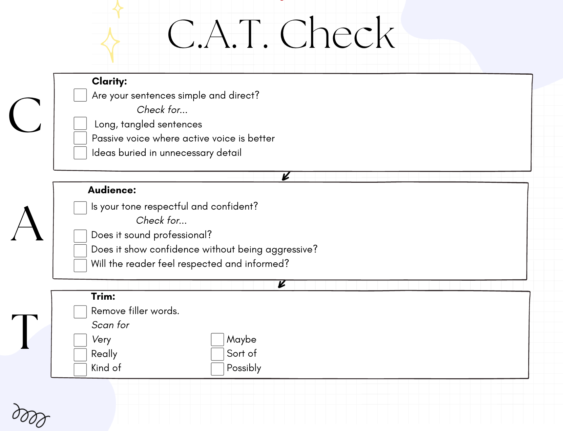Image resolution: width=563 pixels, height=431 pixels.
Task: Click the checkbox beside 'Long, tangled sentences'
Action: pos(80,123)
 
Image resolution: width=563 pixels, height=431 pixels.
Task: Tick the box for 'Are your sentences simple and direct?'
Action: pos(80,95)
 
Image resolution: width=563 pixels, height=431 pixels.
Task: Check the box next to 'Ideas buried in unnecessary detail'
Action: pos(80,153)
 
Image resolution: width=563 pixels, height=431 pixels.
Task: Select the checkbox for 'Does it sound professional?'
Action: pos(80,236)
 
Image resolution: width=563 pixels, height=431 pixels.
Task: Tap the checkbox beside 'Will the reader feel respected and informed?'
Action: pos(80,265)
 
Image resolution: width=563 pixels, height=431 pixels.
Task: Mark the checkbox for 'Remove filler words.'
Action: pos(80,312)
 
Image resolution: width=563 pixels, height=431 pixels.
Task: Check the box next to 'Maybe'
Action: pos(217,340)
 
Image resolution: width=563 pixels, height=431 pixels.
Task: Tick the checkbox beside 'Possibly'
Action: pos(217,369)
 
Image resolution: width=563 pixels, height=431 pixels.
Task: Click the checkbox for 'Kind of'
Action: pos(80,369)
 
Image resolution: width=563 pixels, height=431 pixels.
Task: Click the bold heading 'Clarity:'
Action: pos(109,81)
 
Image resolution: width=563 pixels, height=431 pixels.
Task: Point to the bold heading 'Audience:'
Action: pos(112,190)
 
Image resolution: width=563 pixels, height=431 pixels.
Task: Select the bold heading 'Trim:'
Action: pos(103,296)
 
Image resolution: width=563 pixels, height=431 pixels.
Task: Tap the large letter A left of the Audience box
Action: pos(27,224)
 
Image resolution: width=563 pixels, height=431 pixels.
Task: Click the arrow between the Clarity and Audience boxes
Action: pos(286,176)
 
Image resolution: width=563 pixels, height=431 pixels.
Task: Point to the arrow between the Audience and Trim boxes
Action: pos(281,284)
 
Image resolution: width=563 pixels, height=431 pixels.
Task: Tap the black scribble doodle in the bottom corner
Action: pos(30,415)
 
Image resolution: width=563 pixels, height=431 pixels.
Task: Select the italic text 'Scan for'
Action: pos(110,325)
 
